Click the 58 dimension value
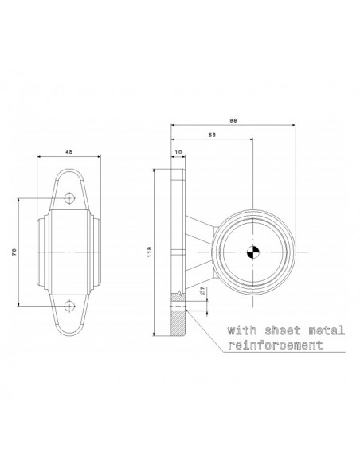pyautogui.click(x=210, y=135)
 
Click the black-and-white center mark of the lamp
pyautogui.click(x=252, y=252)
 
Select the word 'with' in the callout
pyautogui.click(x=242, y=329)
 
